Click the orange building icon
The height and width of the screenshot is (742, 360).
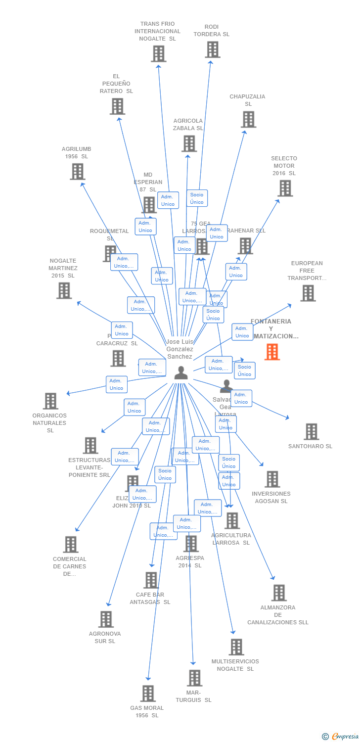pyautogui.click(x=272, y=352)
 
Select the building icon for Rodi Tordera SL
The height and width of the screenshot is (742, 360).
pyautogui.click(x=213, y=49)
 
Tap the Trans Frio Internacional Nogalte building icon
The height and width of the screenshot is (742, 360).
pyautogui.click(x=158, y=53)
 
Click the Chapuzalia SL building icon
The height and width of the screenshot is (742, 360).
pyautogui.click(x=248, y=119)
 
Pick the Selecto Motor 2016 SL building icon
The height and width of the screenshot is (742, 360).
pyautogui.click(x=285, y=188)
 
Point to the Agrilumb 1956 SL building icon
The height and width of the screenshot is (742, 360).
pyautogui.click(x=78, y=171)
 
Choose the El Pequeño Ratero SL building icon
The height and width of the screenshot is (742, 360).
pyautogui.click(x=117, y=106)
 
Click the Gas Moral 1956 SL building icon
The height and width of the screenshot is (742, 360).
pyautogui.click(x=148, y=694)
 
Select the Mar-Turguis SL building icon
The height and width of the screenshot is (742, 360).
pyautogui.click(x=195, y=678)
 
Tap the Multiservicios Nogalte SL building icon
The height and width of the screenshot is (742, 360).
pyautogui.click(x=236, y=647)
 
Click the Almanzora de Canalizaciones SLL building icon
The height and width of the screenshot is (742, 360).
pyautogui.click(x=279, y=593)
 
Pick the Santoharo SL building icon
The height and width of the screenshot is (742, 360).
pyautogui.click(x=311, y=431)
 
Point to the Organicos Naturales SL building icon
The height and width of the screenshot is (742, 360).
pyautogui.click(x=50, y=401)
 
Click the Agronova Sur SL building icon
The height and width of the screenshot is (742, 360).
pyautogui.click(x=106, y=619)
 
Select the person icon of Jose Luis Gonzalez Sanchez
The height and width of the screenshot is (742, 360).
pyautogui.click(x=181, y=373)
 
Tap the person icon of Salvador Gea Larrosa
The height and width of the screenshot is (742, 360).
pyautogui.click(x=226, y=385)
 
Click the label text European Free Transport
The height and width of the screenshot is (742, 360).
pyautogui.click(x=307, y=271)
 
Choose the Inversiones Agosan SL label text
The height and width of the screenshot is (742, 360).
pyautogui.click(x=270, y=497)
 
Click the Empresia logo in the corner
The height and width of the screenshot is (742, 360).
pyautogui.click(x=340, y=737)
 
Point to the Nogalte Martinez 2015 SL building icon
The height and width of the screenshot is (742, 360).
pyautogui.click(x=64, y=290)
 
